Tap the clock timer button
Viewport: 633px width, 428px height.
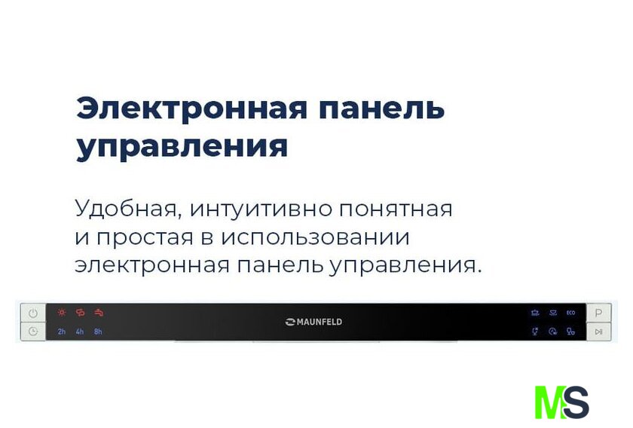pos(33,332)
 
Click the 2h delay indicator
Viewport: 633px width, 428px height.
pos(61,332)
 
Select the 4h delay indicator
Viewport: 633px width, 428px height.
pos(80,332)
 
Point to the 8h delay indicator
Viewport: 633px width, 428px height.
pos(98,332)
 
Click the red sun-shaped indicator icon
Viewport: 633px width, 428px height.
pos(62,312)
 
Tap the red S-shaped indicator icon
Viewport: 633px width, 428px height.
pos(81,312)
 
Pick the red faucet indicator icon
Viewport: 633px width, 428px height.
pos(99,312)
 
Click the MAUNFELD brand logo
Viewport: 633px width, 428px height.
pos(313,322)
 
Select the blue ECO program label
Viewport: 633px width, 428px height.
pos(571,313)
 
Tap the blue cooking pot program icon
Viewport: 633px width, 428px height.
pos(535,313)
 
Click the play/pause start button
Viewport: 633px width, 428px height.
pos(598,332)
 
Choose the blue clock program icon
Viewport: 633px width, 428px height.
pos(552,332)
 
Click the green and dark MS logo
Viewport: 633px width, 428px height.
pos(561,402)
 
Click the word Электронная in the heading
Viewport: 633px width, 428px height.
pos(191,109)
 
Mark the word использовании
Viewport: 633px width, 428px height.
pos(315,237)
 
